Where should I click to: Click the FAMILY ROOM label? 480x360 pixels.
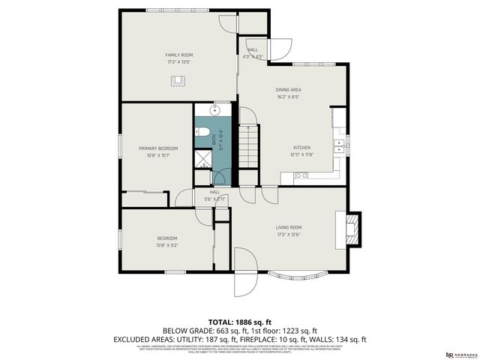179,55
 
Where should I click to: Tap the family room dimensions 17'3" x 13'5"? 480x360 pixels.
179,61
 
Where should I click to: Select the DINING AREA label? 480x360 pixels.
289,89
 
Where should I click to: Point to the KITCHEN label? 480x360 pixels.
302,147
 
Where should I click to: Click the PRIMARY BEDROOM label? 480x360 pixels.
157,148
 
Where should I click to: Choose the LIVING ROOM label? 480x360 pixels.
289,227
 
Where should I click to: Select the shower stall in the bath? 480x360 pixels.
203,159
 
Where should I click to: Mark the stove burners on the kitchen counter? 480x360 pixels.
301,176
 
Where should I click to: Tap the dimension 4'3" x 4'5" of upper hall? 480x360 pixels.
253,56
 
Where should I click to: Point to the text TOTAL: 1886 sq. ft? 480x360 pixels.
240,320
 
